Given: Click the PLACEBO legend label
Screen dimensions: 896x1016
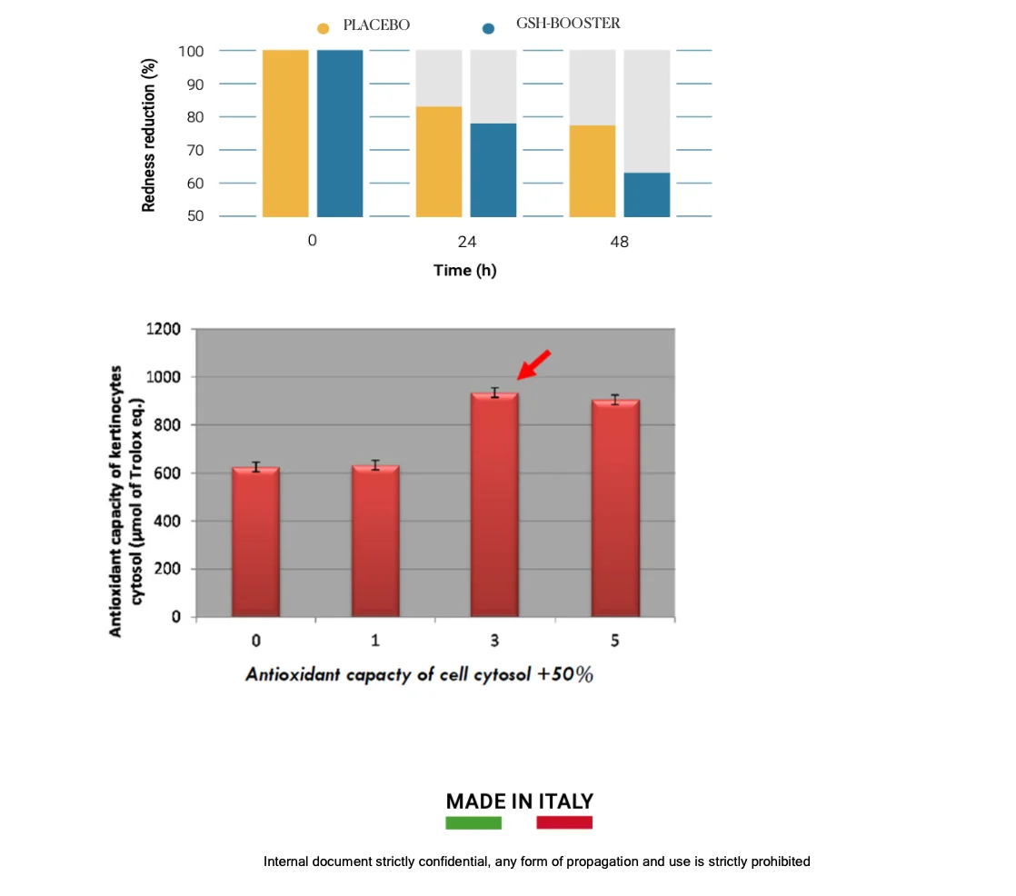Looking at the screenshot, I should (x=376, y=25).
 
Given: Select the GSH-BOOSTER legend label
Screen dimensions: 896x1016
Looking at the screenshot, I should (x=568, y=24).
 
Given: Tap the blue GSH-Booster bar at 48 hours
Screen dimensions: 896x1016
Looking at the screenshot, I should (x=647, y=194).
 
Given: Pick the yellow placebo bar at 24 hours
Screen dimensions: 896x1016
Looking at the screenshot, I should (x=439, y=162).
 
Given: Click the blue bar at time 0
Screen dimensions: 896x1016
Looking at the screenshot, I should (x=340, y=134).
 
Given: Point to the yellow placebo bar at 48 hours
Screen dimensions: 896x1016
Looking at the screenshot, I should (x=593, y=171).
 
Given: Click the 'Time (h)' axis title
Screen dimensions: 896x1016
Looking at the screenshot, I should (x=465, y=270).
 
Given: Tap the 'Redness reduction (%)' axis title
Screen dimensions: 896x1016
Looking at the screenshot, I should (x=148, y=134).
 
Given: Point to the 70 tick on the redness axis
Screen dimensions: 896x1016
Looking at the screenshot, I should (x=195, y=150).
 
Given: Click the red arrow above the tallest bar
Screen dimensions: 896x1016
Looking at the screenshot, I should (x=534, y=364).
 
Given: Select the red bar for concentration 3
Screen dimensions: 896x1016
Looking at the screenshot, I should (x=494, y=504).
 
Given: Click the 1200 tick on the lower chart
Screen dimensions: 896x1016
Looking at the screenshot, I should (x=164, y=329).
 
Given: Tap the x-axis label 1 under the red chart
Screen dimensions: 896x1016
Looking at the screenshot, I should (x=375, y=641).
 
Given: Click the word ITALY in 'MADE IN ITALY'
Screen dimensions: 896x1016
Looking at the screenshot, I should (x=565, y=801).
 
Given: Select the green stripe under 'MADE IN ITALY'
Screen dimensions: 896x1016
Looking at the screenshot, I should (x=473, y=822).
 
